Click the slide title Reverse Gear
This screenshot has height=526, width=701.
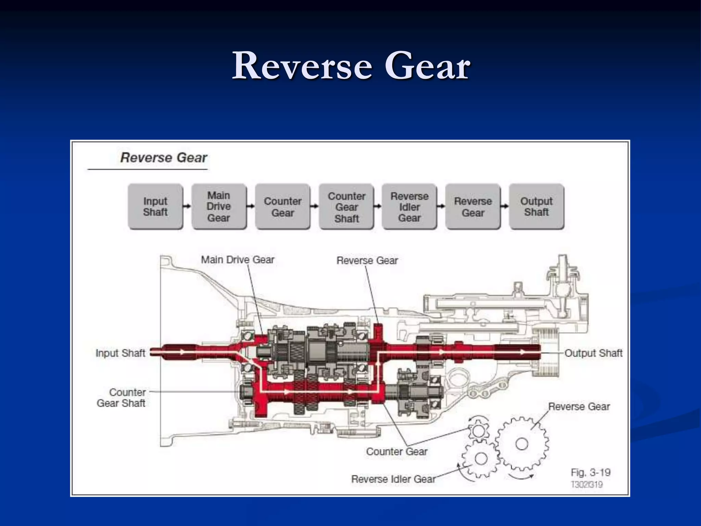(351, 66)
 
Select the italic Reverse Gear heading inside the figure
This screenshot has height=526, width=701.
(164, 158)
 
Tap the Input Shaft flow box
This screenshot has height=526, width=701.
(155, 206)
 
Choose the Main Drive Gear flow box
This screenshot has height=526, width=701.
(219, 206)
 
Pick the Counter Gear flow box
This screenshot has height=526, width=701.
(283, 206)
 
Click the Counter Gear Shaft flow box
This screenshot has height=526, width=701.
(346, 207)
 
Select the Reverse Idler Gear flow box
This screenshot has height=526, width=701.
(409, 207)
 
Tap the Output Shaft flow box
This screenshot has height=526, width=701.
(536, 206)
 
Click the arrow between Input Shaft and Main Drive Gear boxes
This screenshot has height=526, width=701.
(187, 206)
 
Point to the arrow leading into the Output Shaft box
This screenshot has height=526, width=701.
(505, 206)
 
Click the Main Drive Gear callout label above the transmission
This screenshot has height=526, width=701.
(238, 260)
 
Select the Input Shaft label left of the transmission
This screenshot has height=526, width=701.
(120, 353)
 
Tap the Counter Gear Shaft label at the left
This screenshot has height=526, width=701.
(121, 398)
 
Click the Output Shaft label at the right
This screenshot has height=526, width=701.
(593, 353)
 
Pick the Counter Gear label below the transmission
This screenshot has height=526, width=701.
(397, 452)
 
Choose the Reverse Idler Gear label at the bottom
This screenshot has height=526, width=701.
(393, 479)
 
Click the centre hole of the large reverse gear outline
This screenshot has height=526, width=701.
(522, 444)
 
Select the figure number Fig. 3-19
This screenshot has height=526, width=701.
(590, 473)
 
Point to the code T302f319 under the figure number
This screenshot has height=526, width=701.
(587, 485)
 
